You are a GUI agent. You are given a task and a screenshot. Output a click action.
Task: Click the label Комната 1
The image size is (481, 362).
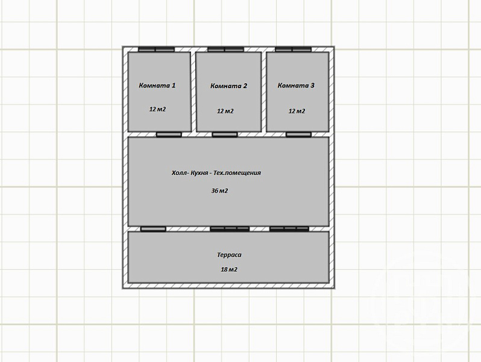[x=157, y=85]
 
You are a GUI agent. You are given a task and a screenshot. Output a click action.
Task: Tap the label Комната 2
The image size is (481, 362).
[x=228, y=86]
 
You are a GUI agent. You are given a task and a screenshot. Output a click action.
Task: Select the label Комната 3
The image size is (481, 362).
[x=296, y=85]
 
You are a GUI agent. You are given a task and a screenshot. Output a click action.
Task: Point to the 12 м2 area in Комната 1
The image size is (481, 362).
[x=158, y=109]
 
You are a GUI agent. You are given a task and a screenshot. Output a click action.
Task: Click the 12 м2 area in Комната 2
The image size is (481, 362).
[x=225, y=111]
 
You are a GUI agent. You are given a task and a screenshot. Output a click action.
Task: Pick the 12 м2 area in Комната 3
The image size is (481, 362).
[x=297, y=111]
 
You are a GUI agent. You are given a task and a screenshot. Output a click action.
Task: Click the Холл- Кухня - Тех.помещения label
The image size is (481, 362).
[x=216, y=173]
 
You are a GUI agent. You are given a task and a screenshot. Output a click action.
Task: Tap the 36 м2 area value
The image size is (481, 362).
[x=219, y=191]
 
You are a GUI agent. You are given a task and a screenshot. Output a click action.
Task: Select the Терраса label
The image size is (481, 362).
[x=229, y=255]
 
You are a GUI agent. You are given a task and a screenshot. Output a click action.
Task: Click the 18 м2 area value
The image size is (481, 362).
[x=229, y=270]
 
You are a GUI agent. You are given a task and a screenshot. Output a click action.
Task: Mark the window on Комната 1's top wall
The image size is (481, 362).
[x=156, y=49]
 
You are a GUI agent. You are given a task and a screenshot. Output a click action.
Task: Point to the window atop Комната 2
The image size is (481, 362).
[x=226, y=49]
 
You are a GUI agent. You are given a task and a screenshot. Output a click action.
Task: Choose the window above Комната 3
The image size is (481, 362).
[x=294, y=49]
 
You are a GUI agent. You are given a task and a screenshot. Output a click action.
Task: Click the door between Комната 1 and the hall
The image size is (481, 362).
[x=169, y=135]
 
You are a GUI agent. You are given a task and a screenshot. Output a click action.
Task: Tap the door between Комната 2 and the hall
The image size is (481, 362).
[x=225, y=135]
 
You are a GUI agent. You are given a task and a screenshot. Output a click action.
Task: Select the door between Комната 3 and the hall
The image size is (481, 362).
[x=299, y=135]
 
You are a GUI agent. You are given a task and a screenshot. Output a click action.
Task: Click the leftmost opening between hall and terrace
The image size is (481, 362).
[x=153, y=229]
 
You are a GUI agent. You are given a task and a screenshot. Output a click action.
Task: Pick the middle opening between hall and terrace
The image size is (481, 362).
[x=230, y=229]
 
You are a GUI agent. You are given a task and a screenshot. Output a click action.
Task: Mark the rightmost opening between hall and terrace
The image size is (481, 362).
[x=289, y=229]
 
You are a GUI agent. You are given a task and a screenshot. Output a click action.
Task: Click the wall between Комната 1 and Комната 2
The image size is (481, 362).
[x=193, y=92]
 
